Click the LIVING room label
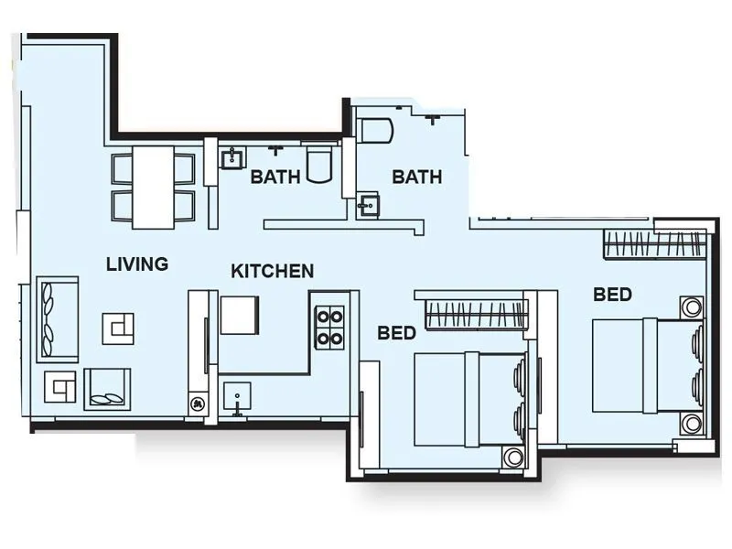tap(137, 264)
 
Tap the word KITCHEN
tap(272, 271)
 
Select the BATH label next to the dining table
tap(275, 177)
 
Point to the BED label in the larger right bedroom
tap(612, 294)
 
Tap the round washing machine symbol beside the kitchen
tap(197, 402)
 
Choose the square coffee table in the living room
tap(118, 325)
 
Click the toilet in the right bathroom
tap(375, 130)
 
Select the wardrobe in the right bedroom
tap(655, 244)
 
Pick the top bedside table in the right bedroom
tap(691, 306)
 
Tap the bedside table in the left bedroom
tap(514, 457)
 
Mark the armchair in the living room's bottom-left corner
tap(60, 388)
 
